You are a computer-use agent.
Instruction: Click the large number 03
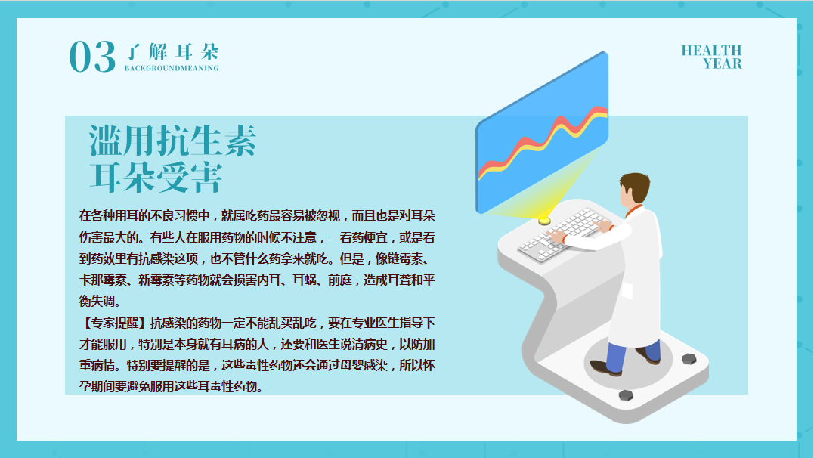pyautogui.click(x=92, y=57)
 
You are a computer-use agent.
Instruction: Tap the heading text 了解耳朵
pyautogui.click(x=172, y=52)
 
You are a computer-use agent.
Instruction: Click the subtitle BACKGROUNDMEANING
pyautogui.click(x=172, y=68)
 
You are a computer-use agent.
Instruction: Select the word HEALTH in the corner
pyautogui.click(x=711, y=51)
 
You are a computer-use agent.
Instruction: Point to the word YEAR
pyautogui.click(x=722, y=63)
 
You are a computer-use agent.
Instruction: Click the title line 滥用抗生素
pyautogui.click(x=173, y=141)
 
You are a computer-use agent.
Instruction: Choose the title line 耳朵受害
pyautogui.click(x=156, y=177)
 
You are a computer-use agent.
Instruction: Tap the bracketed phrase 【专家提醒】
pyautogui.click(x=113, y=323)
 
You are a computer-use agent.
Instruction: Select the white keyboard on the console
pyautogui.click(x=562, y=235)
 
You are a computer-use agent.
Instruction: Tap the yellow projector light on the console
pyautogui.click(x=544, y=221)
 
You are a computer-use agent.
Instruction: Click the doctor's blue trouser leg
pyautogui.click(x=616, y=357)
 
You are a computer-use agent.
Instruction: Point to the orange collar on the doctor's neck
pyautogui.click(x=633, y=210)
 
